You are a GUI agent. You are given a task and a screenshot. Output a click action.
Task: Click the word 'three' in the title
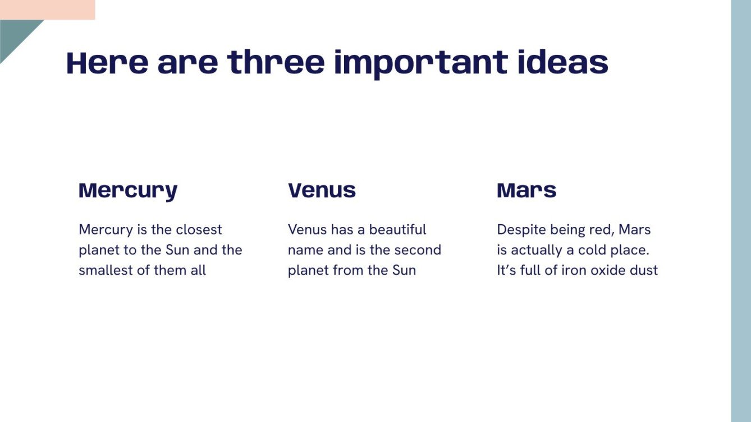coord(276,62)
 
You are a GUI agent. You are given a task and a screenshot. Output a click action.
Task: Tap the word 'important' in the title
coord(421,64)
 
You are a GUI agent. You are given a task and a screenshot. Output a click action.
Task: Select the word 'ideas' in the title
coord(563,62)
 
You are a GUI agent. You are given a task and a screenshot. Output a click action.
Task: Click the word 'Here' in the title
coord(107,63)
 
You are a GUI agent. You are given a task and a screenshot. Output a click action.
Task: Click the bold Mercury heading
coord(128,192)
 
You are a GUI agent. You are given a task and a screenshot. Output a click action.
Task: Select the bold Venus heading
coord(322,191)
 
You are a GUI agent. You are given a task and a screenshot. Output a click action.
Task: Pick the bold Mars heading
coord(526,191)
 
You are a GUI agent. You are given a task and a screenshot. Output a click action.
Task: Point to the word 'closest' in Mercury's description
coord(199,230)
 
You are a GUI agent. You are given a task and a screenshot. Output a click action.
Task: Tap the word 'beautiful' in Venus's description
coord(397,230)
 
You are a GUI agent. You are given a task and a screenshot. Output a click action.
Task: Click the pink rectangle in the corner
coord(47,10)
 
